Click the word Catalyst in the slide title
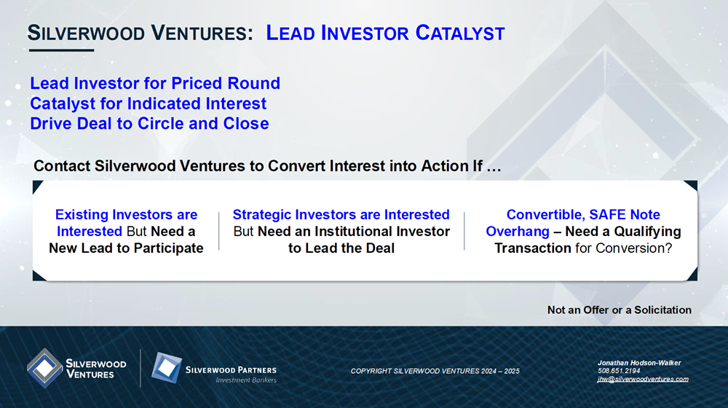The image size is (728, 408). click(459, 33)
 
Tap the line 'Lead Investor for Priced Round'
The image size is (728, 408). click(155, 83)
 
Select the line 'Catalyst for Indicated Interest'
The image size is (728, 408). click(148, 103)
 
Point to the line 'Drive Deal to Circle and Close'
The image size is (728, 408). click(149, 124)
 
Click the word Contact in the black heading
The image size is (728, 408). click(62, 166)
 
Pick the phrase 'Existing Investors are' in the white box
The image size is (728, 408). click(126, 215)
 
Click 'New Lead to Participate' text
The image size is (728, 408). click(126, 248)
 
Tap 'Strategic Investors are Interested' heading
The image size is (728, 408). click(341, 215)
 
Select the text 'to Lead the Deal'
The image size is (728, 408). click(341, 248)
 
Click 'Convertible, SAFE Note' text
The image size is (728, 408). click(583, 215)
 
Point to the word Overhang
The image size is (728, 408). click(518, 232)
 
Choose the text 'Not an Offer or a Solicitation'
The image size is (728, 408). click(620, 310)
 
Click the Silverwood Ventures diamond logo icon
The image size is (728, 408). click(44, 368)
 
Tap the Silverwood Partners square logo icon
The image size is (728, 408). click(167, 368)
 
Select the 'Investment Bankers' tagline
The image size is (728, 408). click(246, 380)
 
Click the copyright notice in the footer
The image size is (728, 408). click(435, 371)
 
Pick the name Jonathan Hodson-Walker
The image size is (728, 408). click(639, 363)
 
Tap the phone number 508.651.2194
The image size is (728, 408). click(619, 371)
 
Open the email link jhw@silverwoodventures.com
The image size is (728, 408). click(643, 379)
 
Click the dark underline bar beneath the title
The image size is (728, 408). click(61, 50)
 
